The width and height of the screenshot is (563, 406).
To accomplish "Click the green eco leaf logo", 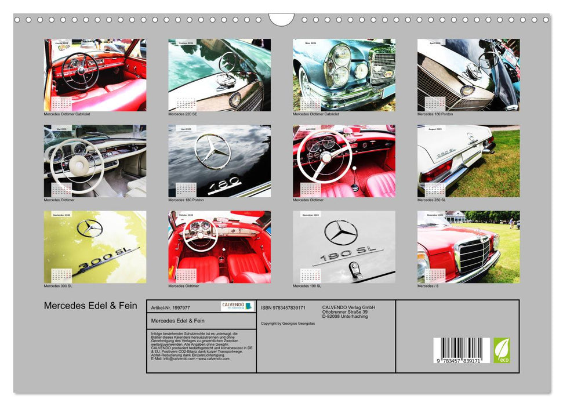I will point(502,350).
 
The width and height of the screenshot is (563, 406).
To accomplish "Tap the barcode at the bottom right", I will point(462,350).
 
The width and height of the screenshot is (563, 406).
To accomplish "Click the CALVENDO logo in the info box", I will point(237,306).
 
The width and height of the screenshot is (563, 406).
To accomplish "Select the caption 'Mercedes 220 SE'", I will point(184,114).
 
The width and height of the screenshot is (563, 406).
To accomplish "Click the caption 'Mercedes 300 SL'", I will point(58,286).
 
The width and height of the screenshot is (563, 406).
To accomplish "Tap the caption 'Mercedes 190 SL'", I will point(307,286).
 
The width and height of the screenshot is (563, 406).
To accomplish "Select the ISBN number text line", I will point(283,307).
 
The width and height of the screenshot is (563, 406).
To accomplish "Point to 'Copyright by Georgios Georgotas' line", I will point(288,323).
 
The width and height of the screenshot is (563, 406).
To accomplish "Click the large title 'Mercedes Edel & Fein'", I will point(90,306).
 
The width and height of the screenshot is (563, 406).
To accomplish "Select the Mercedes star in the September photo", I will point(89,229).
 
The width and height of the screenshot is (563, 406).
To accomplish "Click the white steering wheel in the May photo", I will point(76,165).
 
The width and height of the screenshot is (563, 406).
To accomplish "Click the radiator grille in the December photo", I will point(474,256).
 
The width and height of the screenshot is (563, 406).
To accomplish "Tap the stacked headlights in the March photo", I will point(340,66).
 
